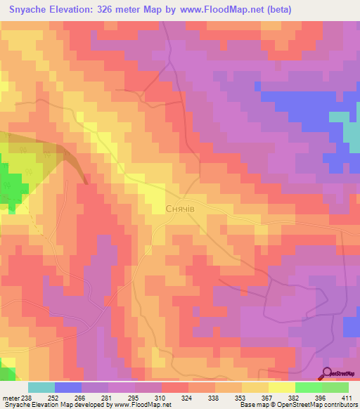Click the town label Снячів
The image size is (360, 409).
[184, 209]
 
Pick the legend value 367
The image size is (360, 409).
[266, 397]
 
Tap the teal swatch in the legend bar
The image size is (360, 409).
[41, 387]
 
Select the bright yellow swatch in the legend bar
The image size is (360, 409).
[281, 387]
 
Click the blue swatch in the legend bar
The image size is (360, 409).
[68, 387]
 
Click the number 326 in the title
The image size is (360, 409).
[110, 11]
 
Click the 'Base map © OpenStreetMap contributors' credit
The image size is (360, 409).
[297, 405]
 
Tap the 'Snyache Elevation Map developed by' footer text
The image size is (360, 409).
[42, 405]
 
